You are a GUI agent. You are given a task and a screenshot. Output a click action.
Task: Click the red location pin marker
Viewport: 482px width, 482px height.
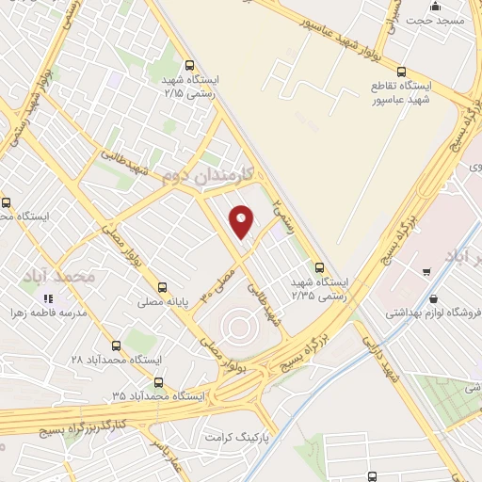coord(242,220)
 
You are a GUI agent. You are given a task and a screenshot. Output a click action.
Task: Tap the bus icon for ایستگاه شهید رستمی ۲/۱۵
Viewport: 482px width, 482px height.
coord(191,66)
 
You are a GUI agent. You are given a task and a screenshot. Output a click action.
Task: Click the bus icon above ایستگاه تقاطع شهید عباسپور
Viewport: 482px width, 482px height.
coord(402,72)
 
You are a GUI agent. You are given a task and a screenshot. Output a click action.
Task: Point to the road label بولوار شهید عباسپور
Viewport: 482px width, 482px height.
coord(342,34)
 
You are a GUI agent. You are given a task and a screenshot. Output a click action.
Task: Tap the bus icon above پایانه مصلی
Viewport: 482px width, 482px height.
coord(163,287)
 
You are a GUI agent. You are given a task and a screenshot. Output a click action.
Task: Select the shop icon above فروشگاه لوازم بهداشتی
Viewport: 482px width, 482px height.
coord(429,273)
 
